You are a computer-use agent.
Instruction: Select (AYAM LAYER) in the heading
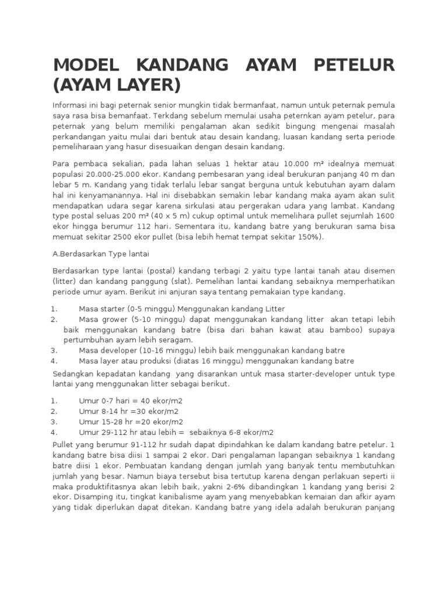click(x=117, y=85)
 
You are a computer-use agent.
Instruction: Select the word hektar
click(x=254, y=163)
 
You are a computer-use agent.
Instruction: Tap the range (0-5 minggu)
click(x=149, y=309)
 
